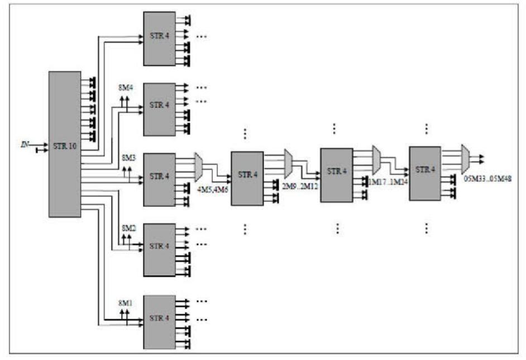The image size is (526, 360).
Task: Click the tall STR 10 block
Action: pos(65,144)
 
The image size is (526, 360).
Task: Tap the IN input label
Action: pos(25,145)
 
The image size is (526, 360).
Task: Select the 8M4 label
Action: pos(126,88)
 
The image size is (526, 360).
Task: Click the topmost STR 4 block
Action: pos(159,38)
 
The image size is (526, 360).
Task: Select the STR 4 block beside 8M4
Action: pos(159,109)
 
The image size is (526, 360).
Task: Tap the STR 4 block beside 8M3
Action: pos(159,179)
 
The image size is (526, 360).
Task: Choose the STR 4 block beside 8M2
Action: pos(159,249)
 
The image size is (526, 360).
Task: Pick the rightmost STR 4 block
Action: pos(424,174)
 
